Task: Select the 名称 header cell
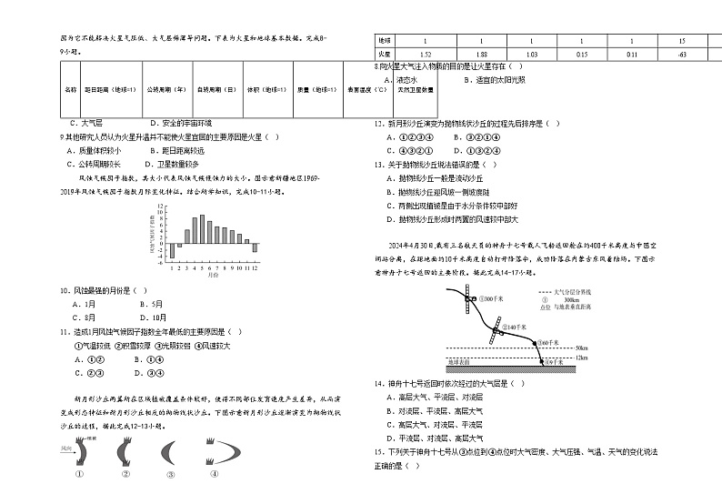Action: point(71,90)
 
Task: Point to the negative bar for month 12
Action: point(256,247)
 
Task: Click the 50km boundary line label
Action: point(582,347)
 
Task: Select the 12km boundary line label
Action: point(582,357)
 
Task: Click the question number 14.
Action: point(378,383)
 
